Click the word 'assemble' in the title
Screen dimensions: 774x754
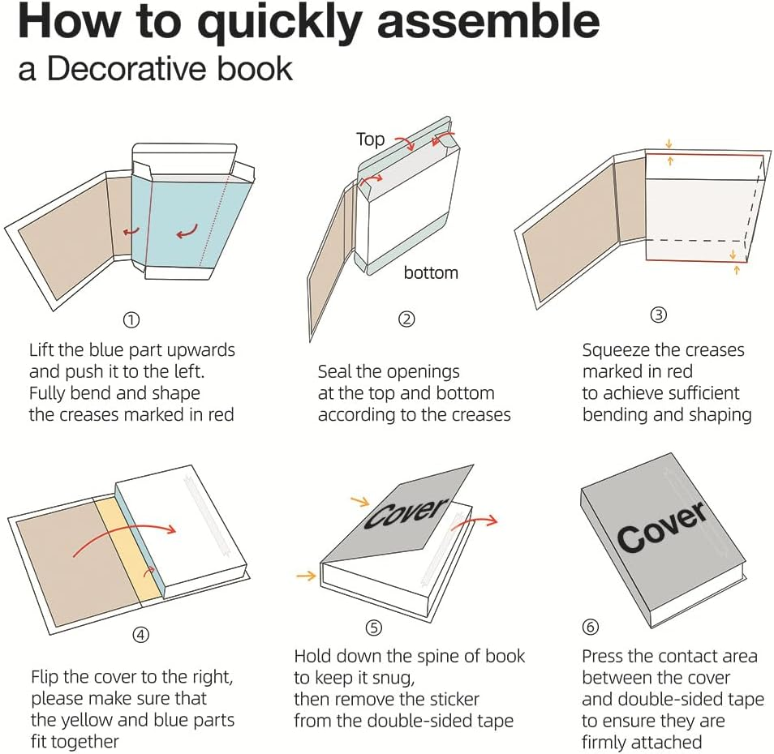pyautogui.click(x=488, y=21)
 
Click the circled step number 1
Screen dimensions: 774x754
pyautogui.click(x=131, y=320)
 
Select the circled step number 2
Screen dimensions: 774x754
pyautogui.click(x=406, y=319)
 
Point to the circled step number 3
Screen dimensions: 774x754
pyautogui.click(x=659, y=315)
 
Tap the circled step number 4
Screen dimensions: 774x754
pyautogui.click(x=140, y=635)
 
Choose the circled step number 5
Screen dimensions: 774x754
pyautogui.click(x=374, y=628)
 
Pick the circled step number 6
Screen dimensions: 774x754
pyautogui.click(x=591, y=628)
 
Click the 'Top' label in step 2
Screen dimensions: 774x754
pyautogui.click(x=370, y=139)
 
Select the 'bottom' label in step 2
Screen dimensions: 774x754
pyautogui.click(x=431, y=272)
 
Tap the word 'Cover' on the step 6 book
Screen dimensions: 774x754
pyautogui.click(x=661, y=526)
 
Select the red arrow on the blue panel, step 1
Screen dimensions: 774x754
pyautogui.click(x=187, y=231)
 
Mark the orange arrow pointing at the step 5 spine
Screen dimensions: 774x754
pyautogui.click(x=306, y=575)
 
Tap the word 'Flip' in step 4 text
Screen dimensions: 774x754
pyautogui.click(x=45, y=678)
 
